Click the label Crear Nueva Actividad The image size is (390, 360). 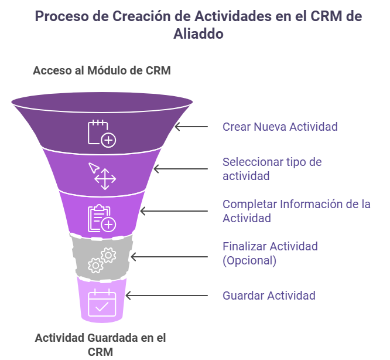[x=280, y=127]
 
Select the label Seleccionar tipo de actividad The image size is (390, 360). [x=272, y=169]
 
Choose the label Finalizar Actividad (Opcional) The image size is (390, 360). [x=270, y=253]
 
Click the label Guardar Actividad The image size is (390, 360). [x=269, y=296]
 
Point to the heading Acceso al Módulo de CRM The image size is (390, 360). [x=101, y=71]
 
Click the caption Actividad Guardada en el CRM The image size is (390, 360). [x=100, y=345]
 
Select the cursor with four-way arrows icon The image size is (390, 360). [x=102, y=175]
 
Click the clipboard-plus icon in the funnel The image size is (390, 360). [x=101, y=218]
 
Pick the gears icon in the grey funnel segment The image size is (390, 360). [x=101, y=260]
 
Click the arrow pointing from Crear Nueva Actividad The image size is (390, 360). [x=191, y=127]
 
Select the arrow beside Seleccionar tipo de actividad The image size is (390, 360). [x=180, y=169]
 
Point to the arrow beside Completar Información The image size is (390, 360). [x=173, y=211]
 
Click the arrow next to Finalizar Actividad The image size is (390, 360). [x=169, y=256]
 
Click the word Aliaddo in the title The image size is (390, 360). [x=199, y=34]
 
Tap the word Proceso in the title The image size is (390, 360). [x=61, y=16]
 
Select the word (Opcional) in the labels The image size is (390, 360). [x=249, y=260]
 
